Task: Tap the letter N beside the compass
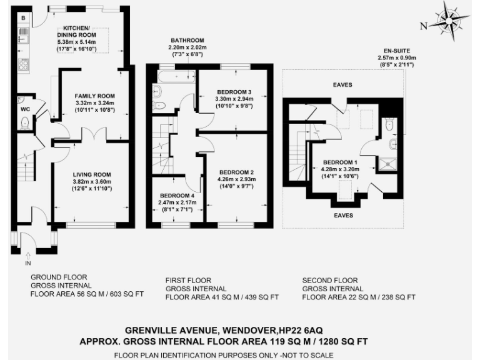(x=424, y=26)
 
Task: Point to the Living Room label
(x=91, y=174)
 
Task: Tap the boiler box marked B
(x=22, y=17)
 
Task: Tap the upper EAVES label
(x=343, y=84)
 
